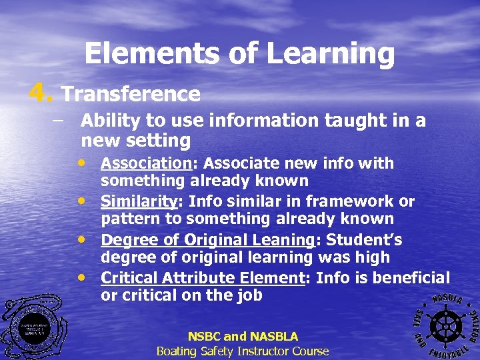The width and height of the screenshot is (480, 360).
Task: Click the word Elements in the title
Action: (x=136, y=53)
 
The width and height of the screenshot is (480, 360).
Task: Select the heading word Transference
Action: (x=131, y=94)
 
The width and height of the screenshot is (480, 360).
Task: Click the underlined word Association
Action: (x=146, y=163)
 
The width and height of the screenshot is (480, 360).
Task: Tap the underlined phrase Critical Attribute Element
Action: (x=203, y=277)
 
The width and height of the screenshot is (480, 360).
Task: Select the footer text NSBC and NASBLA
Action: (x=243, y=337)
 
